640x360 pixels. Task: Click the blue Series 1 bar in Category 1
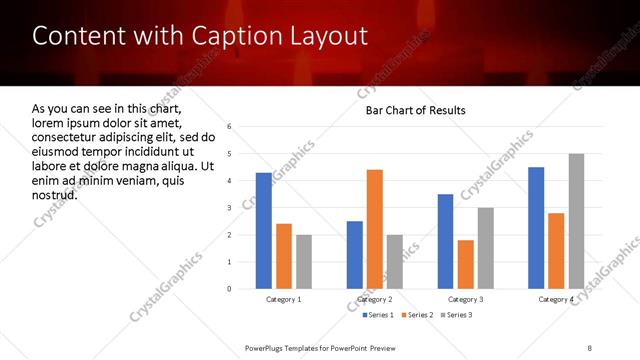tap(263, 231)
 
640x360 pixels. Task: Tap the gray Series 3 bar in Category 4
tap(576, 221)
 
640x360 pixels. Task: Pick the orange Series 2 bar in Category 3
tap(466, 264)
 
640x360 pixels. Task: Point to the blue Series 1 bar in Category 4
tap(536, 228)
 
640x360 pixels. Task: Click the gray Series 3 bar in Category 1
tap(304, 262)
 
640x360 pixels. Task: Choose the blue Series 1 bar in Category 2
tap(355, 255)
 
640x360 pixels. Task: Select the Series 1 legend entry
tap(377, 315)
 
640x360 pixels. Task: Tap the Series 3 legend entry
tap(456, 315)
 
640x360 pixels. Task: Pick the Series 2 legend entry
tap(416, 315)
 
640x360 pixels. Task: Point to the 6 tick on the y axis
tap(230, 127)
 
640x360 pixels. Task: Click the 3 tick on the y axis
tap(230, 208)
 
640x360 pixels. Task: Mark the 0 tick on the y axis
tap(230, 289)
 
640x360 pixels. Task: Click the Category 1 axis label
tap(284, 299)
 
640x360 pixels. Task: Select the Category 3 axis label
tap(466, 299)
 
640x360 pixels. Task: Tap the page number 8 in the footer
tap(589, 346)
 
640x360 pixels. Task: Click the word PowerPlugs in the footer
tap(269, 346)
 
